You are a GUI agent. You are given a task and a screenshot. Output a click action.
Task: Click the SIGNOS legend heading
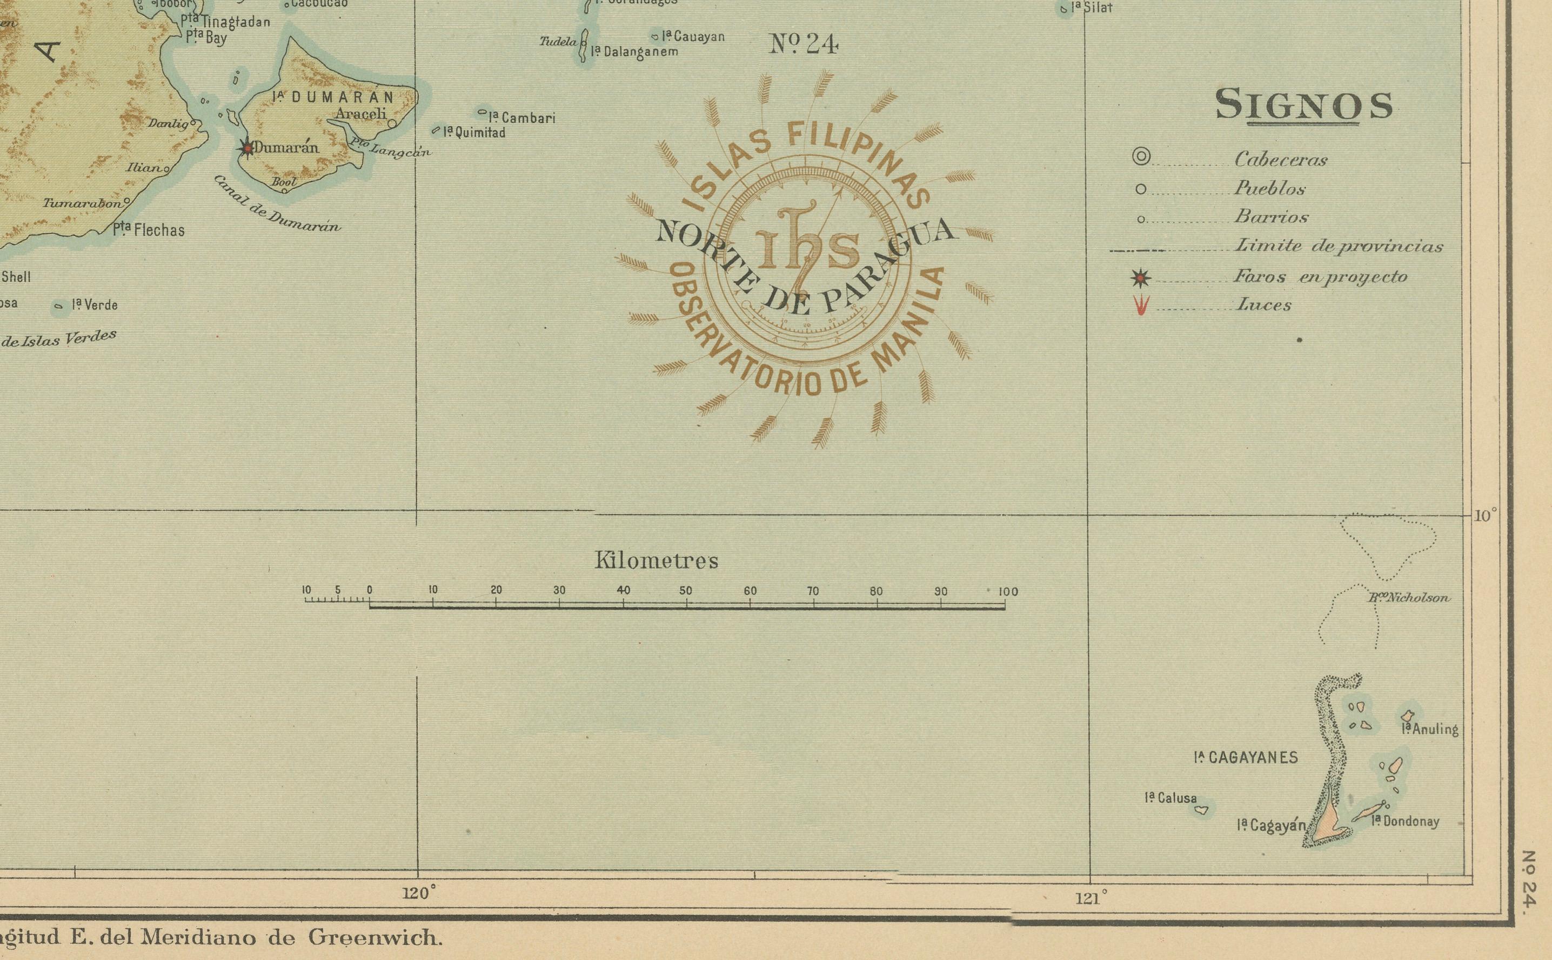tap(1304, 105)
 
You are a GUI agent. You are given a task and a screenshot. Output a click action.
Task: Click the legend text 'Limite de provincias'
tap(1338, 246)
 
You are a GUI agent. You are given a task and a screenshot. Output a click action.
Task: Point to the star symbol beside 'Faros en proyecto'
tap(1141, 277)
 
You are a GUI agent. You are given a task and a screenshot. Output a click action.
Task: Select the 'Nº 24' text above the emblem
tap(804, 44)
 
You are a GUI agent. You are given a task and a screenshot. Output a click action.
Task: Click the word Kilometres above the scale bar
tap(657, 561)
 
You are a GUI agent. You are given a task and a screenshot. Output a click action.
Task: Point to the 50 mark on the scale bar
tap(686, 590)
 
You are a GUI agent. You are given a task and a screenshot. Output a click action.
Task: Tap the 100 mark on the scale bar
tap(1007, 592)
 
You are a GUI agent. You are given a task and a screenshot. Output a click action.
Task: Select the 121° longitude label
tap(1091, 898)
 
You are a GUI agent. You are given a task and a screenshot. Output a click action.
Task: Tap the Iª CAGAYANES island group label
tap(1246, 757)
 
